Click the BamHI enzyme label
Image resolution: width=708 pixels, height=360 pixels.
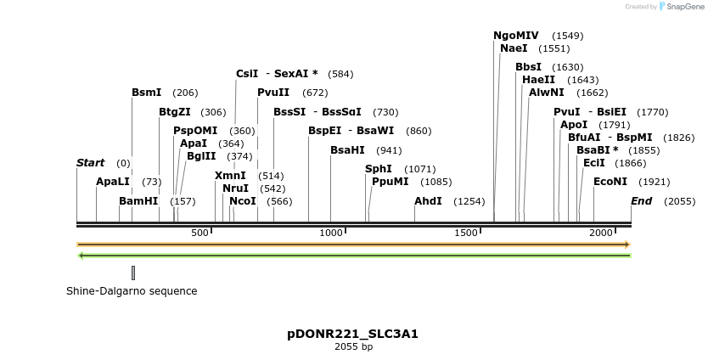point(138,201)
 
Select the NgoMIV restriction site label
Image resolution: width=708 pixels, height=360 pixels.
point(516,36)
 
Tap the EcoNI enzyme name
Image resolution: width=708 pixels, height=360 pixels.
point(610,182)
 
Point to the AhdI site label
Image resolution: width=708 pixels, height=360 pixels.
point(428,201)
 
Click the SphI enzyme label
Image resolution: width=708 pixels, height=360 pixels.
point(379,169)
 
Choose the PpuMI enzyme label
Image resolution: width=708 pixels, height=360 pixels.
point(390,182)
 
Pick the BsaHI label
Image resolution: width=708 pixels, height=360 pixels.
point(347,150)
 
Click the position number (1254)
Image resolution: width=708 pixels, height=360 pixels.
point(469,201)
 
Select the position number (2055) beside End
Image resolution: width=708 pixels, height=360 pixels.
point(679,201)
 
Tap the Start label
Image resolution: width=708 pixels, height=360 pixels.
point(91,163)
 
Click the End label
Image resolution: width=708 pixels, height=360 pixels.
point(641,201)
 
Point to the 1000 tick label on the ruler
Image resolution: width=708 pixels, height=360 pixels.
point(331,233)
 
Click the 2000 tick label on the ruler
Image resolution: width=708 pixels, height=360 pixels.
point(601,233)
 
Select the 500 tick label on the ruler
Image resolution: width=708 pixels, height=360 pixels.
point(199,233)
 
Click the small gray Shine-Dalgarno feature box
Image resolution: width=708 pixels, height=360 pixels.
point(133,273)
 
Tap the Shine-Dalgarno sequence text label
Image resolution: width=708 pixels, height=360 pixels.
point(132,291)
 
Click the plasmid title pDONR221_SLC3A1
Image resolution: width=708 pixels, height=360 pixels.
point(353,334)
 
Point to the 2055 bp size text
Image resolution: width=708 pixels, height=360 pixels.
point(353,346)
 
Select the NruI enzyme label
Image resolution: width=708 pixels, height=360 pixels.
point(235,188)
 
